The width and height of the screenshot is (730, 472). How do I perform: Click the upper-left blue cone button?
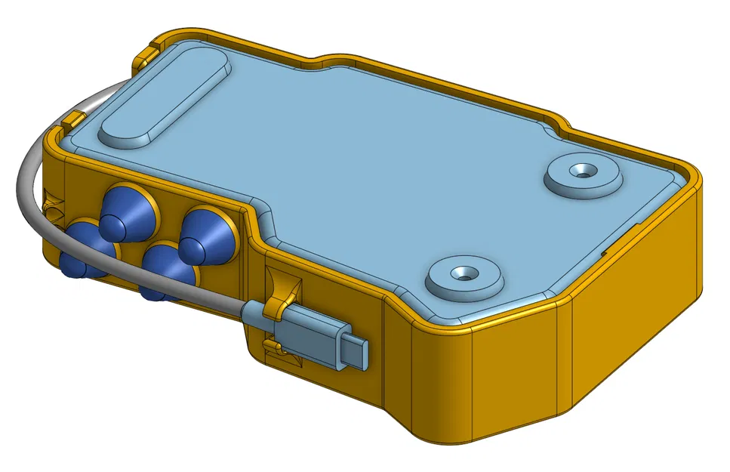(x=125, y=210)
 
